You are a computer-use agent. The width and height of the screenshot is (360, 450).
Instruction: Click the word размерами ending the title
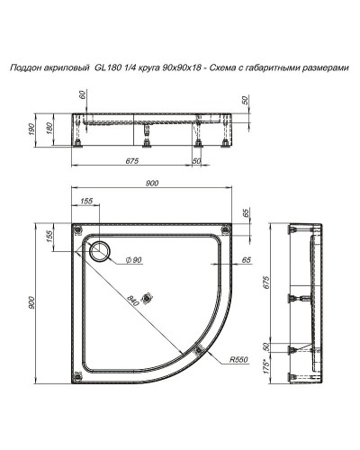point(327,67)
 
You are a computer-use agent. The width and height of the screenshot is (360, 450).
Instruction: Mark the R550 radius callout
point(238,359)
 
